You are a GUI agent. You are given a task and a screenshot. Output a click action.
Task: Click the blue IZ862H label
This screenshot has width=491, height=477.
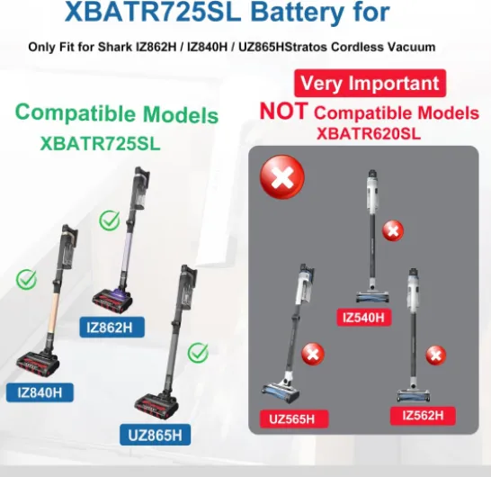112,328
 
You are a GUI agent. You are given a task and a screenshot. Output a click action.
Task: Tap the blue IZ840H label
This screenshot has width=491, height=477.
40,392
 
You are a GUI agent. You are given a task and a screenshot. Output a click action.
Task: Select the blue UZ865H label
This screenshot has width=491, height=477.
155,435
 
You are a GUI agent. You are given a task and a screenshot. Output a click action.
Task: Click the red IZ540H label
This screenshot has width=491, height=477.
364,318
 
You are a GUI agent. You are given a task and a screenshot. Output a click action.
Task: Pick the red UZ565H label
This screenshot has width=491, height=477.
294,419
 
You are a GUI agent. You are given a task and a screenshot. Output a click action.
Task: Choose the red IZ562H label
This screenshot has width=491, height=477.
423,416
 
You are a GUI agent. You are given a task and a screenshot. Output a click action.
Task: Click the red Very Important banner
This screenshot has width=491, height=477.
370,83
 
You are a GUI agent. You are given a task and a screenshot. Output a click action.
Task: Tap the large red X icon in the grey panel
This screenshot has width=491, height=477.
282,177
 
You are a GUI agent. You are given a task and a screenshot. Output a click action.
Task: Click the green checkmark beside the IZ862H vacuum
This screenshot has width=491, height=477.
110,220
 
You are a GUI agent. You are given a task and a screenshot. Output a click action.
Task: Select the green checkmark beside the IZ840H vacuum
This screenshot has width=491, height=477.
26,279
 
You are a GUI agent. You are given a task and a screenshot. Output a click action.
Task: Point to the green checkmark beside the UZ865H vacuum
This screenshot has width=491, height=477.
198,353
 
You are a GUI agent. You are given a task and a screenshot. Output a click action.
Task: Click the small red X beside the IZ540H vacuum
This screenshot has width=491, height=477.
393,231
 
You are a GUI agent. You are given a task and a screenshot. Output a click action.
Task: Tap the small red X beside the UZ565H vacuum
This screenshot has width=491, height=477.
313,354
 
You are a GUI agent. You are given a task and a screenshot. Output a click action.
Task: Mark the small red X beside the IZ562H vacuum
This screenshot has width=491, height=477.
435,355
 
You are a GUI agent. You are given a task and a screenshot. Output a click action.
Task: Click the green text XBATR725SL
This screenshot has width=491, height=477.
100,143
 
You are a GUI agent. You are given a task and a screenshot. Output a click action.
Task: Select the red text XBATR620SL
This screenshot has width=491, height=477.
369,133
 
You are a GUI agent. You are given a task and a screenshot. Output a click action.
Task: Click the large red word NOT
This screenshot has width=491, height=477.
283,112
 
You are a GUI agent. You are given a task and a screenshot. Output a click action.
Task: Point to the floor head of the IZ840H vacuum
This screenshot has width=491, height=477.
38,364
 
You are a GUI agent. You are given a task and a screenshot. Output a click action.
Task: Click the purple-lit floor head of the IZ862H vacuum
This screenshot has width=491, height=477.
113,300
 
